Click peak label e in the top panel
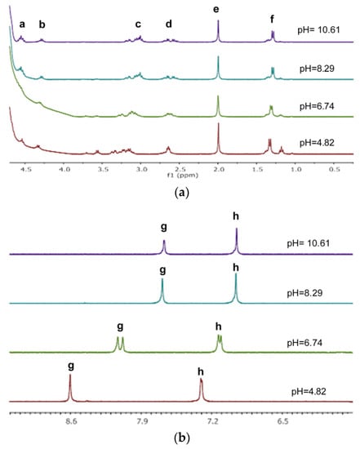216,9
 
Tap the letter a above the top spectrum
22,24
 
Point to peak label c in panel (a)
138,24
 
